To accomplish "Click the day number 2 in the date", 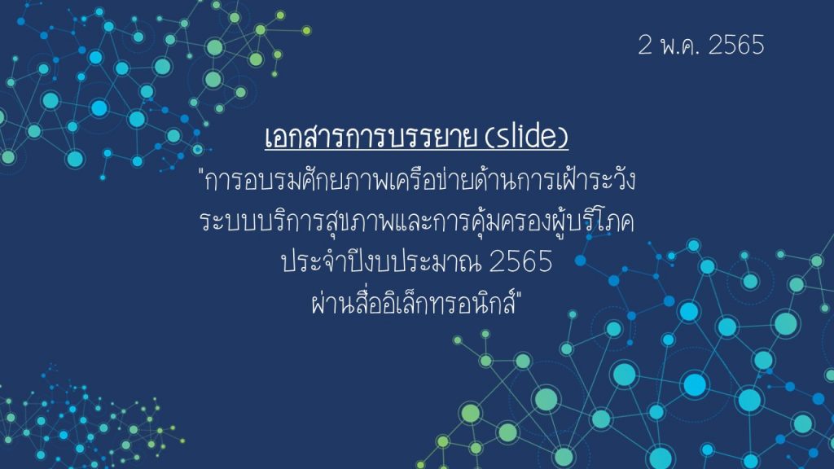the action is point(645,45).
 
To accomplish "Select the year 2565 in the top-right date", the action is point(736,45).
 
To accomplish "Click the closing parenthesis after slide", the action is point(564,137).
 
